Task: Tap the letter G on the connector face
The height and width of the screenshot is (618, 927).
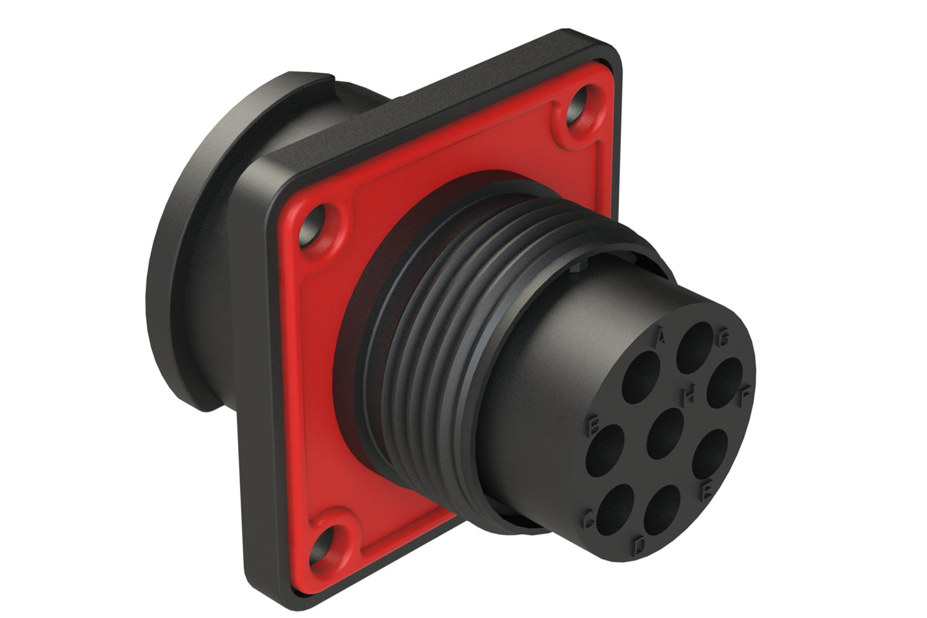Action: tap(723, 340)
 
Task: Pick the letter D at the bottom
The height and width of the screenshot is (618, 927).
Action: tap(640, 546)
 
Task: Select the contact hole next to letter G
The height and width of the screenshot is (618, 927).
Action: tap(695, 345)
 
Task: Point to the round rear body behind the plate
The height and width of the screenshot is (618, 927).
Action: tap(192, 257)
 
